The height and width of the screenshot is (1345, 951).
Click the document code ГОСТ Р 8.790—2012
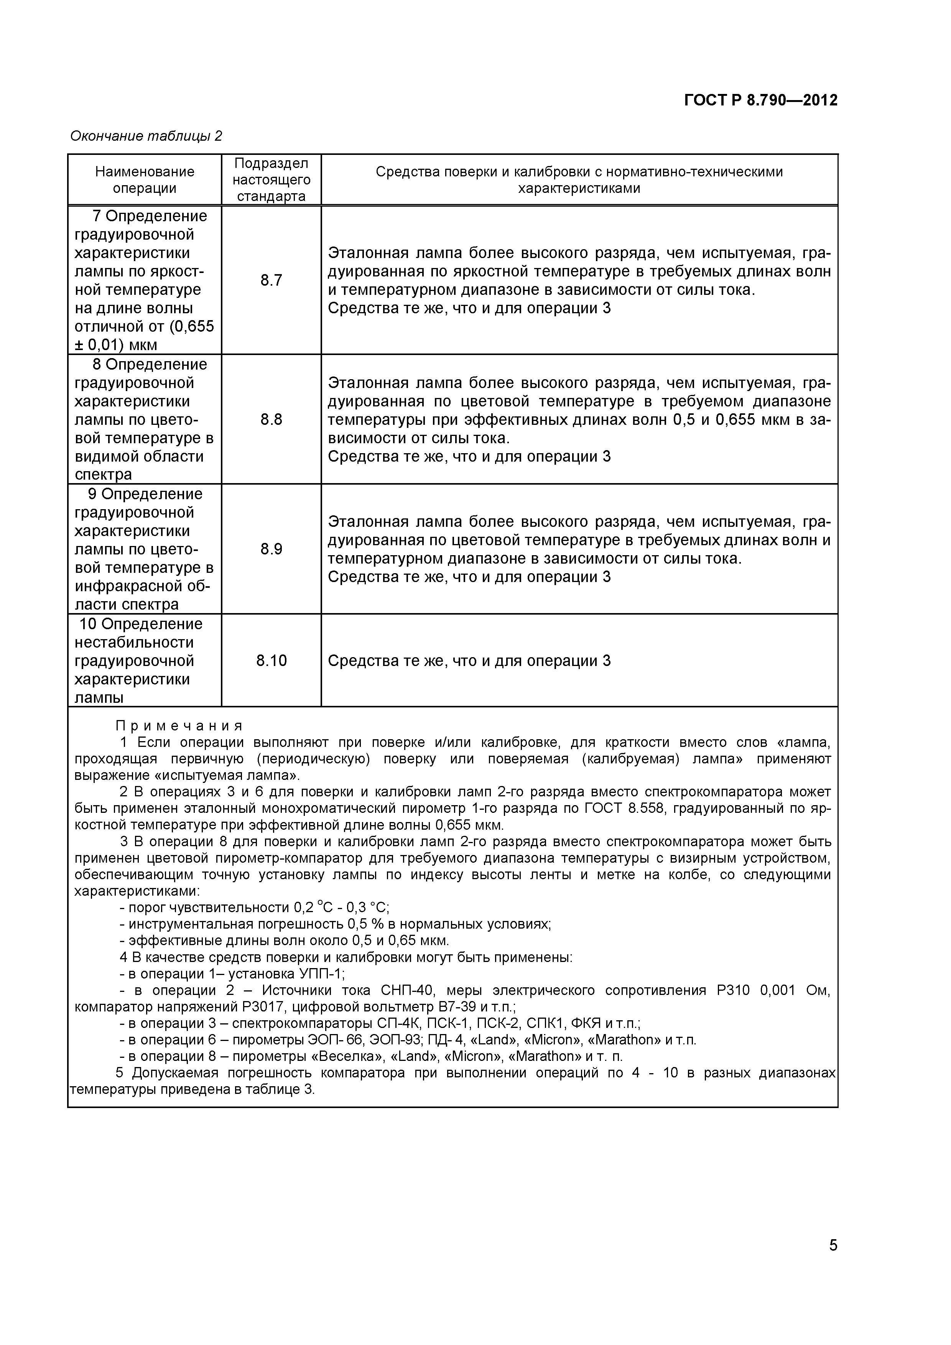pyautogui.click(x=760, y=100)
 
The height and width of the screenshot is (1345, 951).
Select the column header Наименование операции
pyautogui.click(x=145, y=180)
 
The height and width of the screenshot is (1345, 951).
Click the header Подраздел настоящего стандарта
pyautogui.click(x=271, y=180)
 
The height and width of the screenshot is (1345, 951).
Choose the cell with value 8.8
pyautogui.click(x=271, y=419)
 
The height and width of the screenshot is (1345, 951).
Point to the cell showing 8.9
pyautogui.click(x=271, y=549)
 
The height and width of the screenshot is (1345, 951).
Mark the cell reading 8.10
pyautogui.click(x=271, y=661)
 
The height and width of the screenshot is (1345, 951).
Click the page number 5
pyautogui.click(x=833, y=1261)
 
